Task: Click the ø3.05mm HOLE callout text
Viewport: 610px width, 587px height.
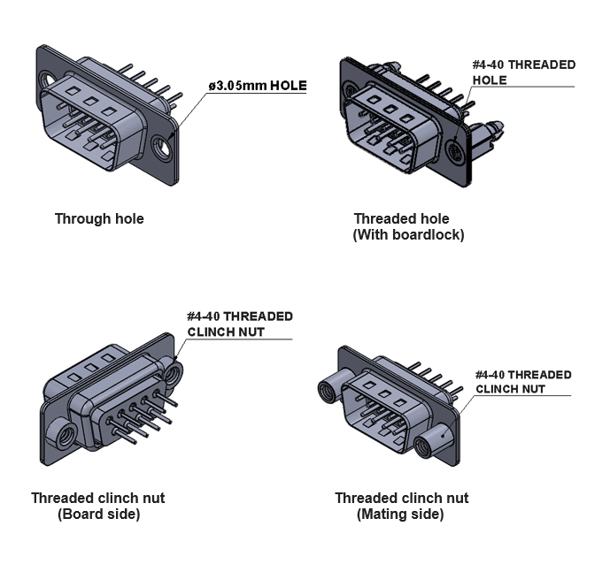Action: click(258, 86)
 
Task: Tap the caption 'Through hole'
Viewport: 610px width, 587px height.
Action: click(99, 218)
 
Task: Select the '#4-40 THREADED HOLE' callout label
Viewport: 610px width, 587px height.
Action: click(523, 72)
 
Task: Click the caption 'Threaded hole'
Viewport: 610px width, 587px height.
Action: click(401, 218)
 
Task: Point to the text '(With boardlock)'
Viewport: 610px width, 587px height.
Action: click(408, 235)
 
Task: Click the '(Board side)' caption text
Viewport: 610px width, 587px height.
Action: click(99, 514)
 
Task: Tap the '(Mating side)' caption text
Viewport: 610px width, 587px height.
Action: click(400, 514)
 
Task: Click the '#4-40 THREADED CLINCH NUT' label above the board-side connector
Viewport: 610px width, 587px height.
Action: click(239, 324)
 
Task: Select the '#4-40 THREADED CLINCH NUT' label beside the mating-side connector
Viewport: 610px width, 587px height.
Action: click(523, 381)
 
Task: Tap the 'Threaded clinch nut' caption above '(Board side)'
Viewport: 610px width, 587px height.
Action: click(97, 498)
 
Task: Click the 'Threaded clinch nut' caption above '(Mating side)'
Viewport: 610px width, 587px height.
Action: click(401, 498)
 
